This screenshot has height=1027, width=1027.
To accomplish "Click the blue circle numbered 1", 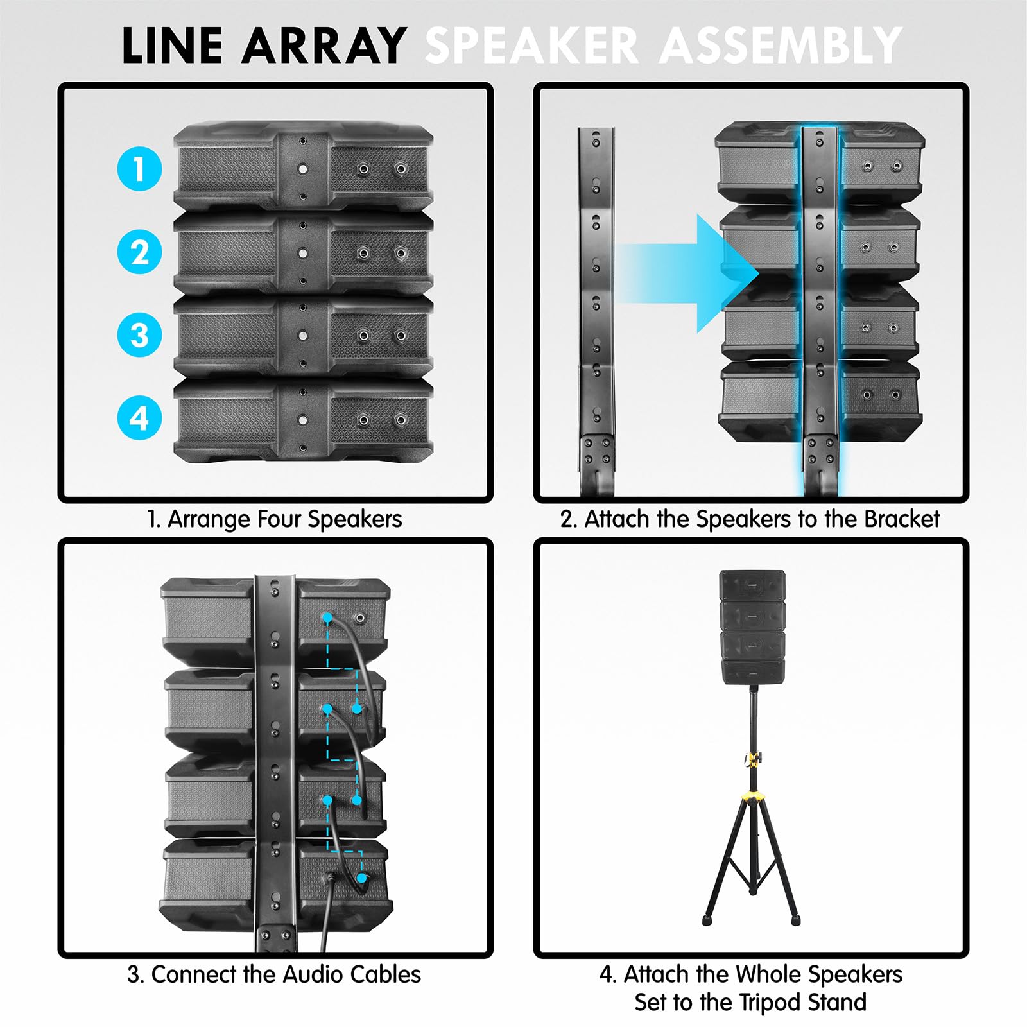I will click(x=139, y=169).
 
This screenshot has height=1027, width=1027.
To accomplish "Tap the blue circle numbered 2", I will click(x=139, y=252).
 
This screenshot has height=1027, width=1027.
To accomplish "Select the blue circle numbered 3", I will click(x=139, y=334).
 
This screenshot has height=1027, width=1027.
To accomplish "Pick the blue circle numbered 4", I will click(x=139, y=418).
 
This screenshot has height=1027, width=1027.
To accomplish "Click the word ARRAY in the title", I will click(x=324, y=46).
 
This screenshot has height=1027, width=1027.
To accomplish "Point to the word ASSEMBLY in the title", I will click(x=781, y=46).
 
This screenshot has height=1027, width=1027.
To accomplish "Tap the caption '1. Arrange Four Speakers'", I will click(x=275, y=519).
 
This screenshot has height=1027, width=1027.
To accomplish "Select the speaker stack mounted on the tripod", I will click(x=752, y=627).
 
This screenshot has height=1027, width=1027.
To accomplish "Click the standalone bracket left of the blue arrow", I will click(x=596, y=289).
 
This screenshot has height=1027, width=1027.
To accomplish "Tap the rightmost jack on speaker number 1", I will click(x=401, y=169).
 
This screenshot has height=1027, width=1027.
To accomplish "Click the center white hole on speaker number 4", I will click(x=303, y=420).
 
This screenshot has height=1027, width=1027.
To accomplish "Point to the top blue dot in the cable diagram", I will click(x=327, y=617).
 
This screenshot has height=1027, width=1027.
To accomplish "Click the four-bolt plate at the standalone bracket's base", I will click(x=597, y=451).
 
